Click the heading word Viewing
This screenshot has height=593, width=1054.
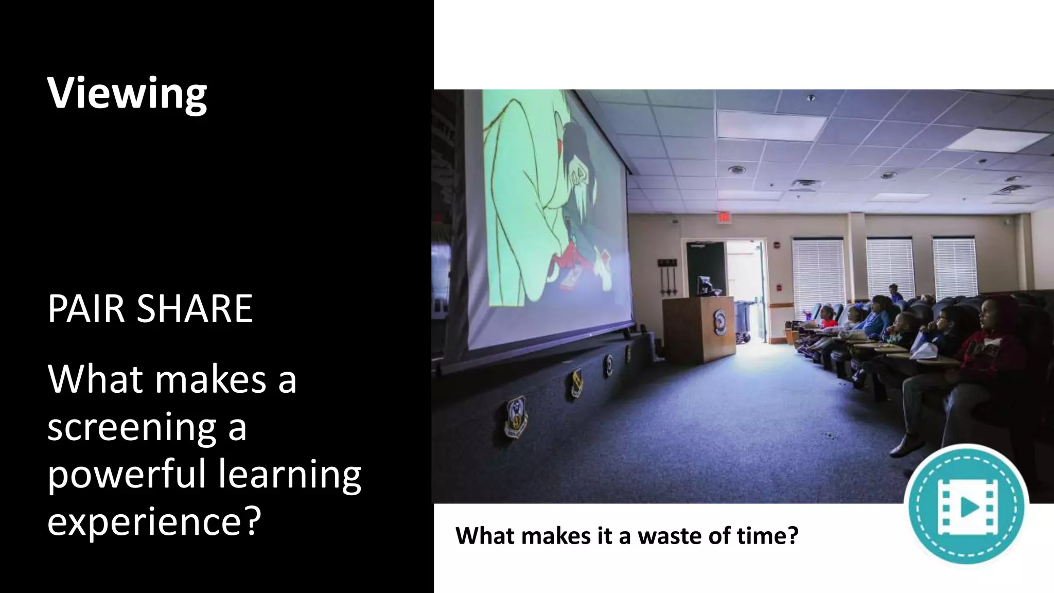(x=127, y=94)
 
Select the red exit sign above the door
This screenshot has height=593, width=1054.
(x=724, y=218)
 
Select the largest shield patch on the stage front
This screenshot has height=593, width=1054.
(x=516, y=415)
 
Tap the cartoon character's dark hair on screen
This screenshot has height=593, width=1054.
(x=576, y=149)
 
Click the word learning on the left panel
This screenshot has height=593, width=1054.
(x=290, y=475)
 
